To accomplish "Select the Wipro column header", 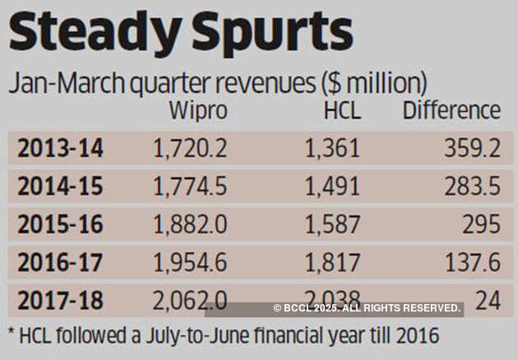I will click(x=197, y=111).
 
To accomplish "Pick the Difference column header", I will click(x=451, y=111).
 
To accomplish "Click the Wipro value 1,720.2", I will click(x=190, y=149).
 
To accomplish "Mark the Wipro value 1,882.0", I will click(x=190, y=224).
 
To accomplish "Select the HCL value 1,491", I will click(x=332, y=187).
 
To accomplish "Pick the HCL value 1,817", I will click(x=332, y=262).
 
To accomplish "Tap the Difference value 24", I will click(x=488, y=300).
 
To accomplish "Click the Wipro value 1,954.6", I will click(x=190, y=262).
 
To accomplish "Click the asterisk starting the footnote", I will click(x=11, y=335).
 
